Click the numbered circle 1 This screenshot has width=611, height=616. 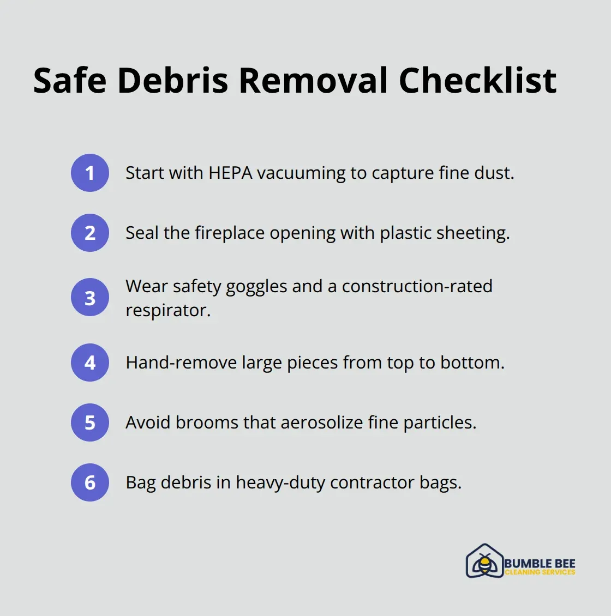[x=90, y=173]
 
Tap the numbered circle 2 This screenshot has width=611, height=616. [x=90, y=233]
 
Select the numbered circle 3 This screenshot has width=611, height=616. [x=90, y=298]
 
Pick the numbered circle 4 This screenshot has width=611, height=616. [x=90, y=363]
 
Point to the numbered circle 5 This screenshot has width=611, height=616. [x=90, y=422]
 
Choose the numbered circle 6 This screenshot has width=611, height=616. [x=90, y=482]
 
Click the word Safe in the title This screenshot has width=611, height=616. [x=69, y=81]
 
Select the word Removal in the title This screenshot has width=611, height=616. [x=313, y=81]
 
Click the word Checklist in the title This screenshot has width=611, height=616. [x=478, y=81]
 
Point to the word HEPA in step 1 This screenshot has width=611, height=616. [x=230, y=173]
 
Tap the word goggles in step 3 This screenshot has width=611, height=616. [x=256, y=287]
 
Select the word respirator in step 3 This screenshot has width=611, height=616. [x=167, y=311]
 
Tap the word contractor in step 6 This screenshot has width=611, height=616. [x=372, y=483]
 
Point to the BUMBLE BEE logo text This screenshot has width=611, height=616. [x=540, y=563]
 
